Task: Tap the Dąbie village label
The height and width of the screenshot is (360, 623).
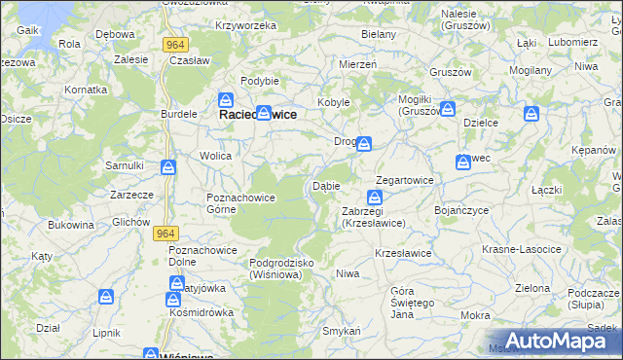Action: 325,186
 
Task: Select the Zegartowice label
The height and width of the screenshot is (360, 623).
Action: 406,181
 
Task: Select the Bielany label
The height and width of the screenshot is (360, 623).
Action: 379,34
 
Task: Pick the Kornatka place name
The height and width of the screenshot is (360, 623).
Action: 86,90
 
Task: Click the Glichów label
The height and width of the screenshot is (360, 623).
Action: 130,221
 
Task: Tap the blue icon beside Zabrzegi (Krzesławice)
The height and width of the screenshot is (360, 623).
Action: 375,198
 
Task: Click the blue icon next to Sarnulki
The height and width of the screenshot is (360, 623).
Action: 168,167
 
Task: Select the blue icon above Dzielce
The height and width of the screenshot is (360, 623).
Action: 531,115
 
